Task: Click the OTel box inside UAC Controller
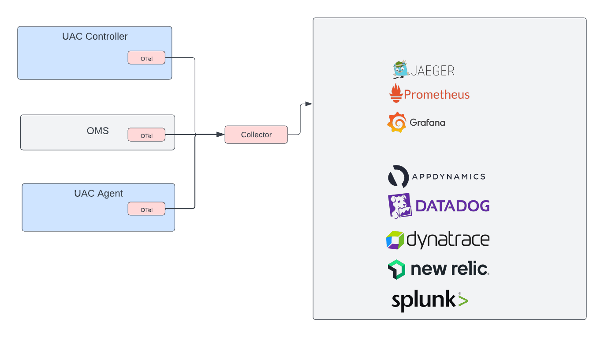coord(146,58)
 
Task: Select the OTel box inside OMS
coord(146,135)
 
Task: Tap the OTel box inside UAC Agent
coord(146,209)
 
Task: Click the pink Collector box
coord(256,135)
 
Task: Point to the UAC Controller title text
coord(95,37)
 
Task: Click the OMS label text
coord(97,131)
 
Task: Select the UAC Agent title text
coord(98,194)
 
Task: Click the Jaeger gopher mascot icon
coord(401,70)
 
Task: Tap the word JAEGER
coord(433,71)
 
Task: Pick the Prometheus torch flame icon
coord(395,93)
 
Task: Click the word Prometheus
coord(436,94)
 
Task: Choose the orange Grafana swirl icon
coord(396,122)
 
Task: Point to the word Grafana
coord(427,123)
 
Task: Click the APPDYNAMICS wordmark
coord(448,176)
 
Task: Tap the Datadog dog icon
coord(400,206)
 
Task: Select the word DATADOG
coord(452,206)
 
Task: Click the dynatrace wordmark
coord(447,240)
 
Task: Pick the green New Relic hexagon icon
coord(396,269)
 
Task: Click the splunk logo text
coord(423,300)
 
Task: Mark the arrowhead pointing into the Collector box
coord(221,135)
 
